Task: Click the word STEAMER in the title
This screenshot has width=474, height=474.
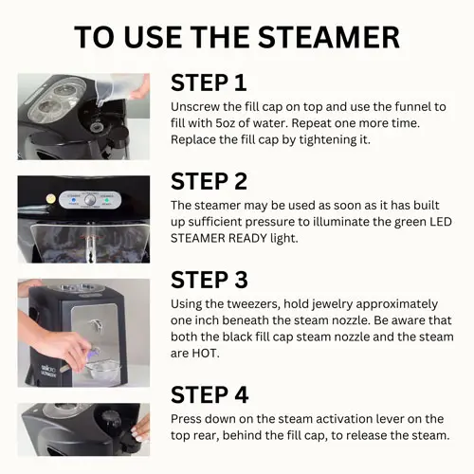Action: (329, 37)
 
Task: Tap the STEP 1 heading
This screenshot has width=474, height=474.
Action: (209, 82)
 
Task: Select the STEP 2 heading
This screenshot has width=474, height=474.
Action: (209, 181)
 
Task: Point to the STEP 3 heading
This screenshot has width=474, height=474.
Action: (210, 280)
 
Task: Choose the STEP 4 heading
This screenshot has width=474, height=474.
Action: (210, 394)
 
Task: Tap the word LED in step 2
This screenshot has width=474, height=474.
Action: (440, 222)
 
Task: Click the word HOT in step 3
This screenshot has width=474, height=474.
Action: (206, 353)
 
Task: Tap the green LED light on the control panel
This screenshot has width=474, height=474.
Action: (107, 200)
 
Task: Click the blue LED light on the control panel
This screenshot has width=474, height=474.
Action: (73, 200)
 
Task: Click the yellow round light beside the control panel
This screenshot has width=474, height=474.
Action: (50, 199)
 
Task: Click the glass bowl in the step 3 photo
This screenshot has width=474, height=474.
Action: (103, 369)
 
